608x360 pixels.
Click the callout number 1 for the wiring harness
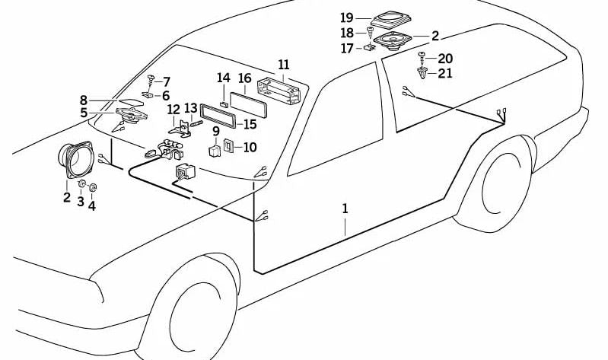tap(345, 208)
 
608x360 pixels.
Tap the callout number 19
tap(347, 18)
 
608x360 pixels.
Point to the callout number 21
tap(445, 73)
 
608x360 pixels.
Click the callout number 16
tap(244, 78)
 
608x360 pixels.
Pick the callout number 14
tap(223, 78)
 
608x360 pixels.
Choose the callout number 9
tap(215, 131)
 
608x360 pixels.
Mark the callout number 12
tap(173, 110)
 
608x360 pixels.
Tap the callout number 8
tap(84, 100)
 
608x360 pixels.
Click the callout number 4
tap(92, 205)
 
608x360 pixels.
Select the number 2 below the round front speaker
tap(67, 199)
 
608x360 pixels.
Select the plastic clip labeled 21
tap(422, 73)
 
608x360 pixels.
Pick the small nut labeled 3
tap(81, 184)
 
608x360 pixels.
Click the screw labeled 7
tap(151, 79)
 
